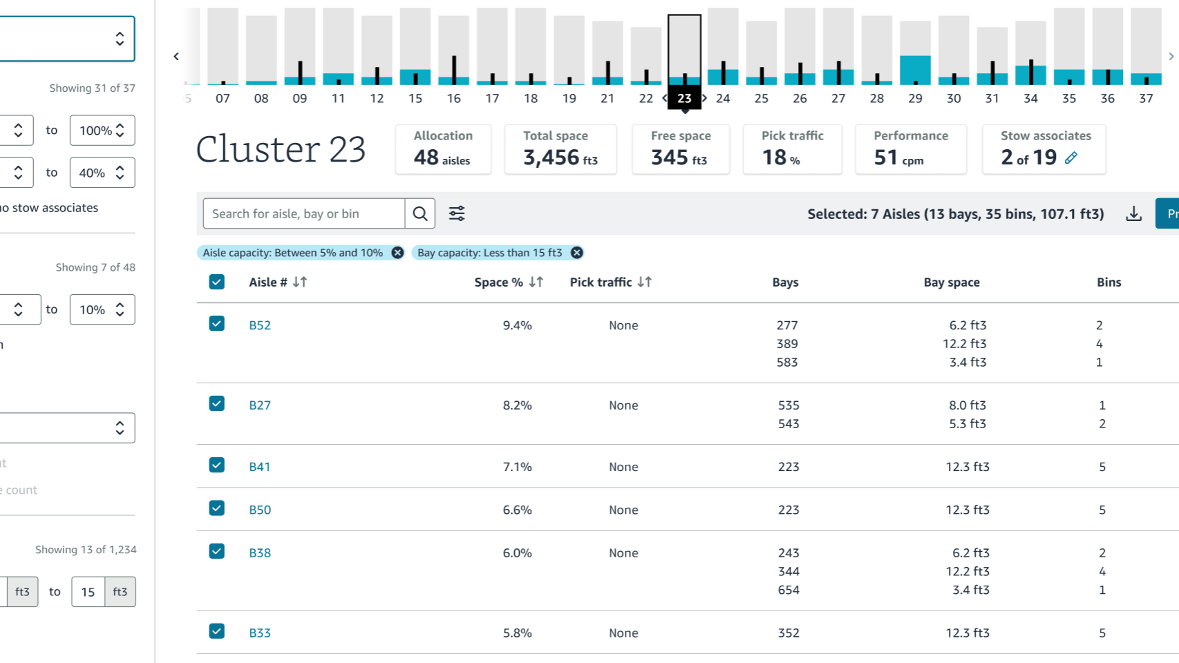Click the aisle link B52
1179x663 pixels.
(x=259, y=325)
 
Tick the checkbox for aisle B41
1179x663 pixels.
(x=217, y=465)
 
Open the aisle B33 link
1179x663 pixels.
(x=259, y=633)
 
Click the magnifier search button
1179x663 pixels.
(x=420, y=213)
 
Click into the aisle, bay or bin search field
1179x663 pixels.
(x=303, y=213)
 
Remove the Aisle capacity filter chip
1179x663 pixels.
(x=397, y=253)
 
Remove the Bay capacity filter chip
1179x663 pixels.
(x=577, y=253)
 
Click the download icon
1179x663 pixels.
(x=1134, y=213)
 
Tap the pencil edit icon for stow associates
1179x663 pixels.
(x=1071, y=157)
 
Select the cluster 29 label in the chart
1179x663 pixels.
(x=915, y=98)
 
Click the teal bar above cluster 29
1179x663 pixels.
(x=915, y=70)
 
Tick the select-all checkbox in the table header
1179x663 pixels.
(x=217, y=282)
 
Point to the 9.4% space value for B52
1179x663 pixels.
(x=518, y=325)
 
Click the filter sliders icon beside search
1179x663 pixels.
(x=457, y=213)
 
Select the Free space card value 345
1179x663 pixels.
(x=670, y=157)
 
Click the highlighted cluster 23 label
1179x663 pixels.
(x=684, y=98)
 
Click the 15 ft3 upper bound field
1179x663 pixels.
(x=88, y=592)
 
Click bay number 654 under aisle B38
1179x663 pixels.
(x=789, y=590)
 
